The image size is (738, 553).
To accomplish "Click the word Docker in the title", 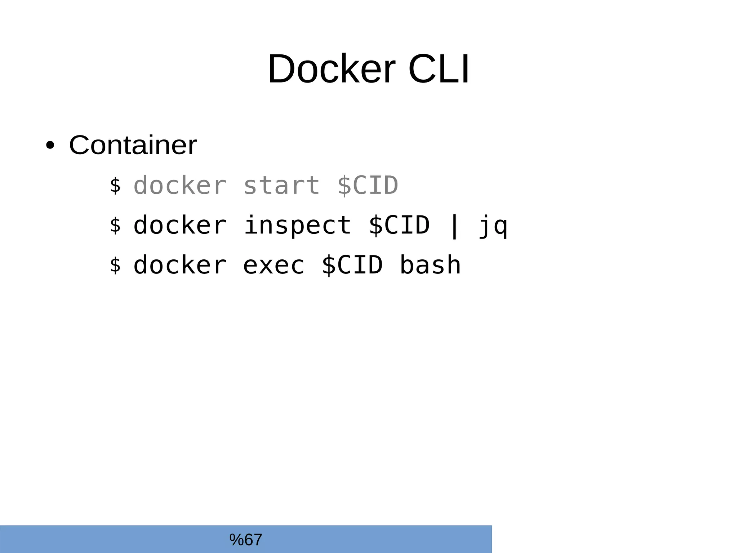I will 331,69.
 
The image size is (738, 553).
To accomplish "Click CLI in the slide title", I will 439,69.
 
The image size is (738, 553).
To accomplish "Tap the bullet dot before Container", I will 50,146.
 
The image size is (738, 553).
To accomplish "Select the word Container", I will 133,145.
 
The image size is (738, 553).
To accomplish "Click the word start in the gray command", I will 281,186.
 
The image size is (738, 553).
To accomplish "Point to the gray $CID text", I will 368,186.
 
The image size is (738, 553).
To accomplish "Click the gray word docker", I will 180,186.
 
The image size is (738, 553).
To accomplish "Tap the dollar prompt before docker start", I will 115,186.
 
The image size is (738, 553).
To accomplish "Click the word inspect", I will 297,226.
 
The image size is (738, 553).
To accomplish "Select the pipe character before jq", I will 454,226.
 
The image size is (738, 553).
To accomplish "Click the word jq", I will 493,226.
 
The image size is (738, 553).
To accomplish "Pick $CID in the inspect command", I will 399,226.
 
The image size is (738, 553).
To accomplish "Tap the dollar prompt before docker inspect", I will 115,226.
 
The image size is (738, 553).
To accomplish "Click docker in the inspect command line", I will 180,226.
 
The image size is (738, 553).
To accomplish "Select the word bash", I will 430,265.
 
